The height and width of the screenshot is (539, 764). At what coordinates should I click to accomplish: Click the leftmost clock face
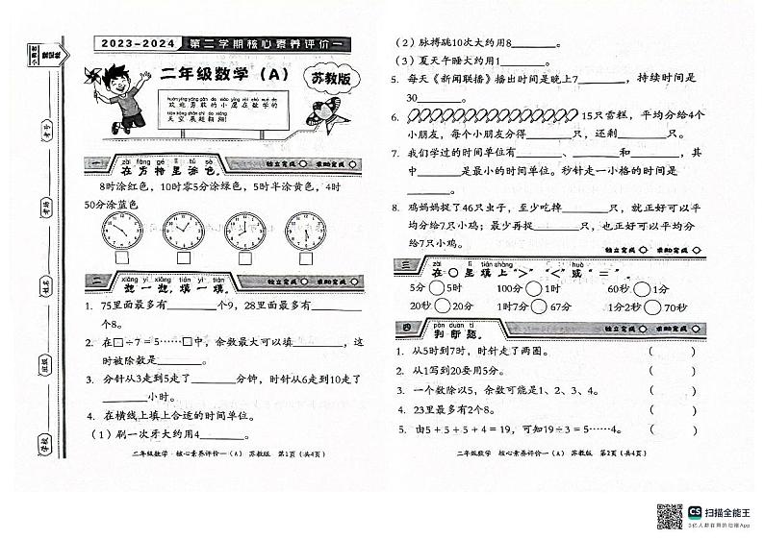pyautogui.click(x=122, y=232)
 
